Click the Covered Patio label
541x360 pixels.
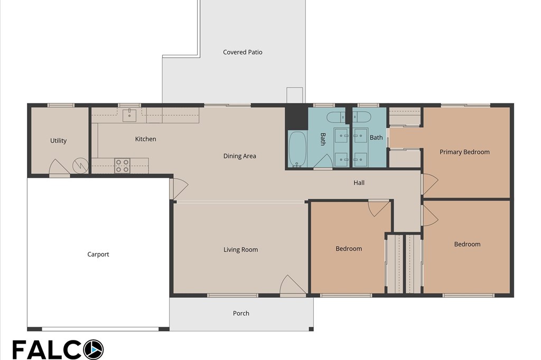coord(242,52)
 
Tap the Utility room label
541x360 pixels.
coord(58,141)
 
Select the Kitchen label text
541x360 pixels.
coord(145,139)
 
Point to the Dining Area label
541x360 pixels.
coord(239,156)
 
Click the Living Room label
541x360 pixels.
coord(240,250)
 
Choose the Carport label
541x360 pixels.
coord(98,254)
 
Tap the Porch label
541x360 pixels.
coord(241,313)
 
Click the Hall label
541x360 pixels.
coord(359,183)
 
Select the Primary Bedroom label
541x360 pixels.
coord(464,152)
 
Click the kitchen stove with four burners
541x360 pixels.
coord(122,166)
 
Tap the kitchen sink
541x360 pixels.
coord(129,115)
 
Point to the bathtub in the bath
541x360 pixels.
coord(297,149)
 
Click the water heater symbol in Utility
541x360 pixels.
coord(80,166)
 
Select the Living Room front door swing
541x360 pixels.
coord(293,285)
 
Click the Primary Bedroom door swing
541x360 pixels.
coord(430,184)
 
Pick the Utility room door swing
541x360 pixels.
coord(59,167)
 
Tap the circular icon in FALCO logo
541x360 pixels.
coord(93,349)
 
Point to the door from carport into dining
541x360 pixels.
coord(180,188)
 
